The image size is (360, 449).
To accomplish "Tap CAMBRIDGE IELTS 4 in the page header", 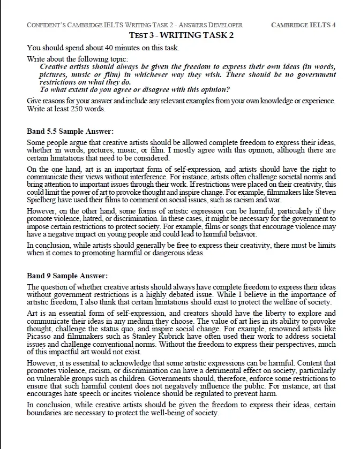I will coord(304,25).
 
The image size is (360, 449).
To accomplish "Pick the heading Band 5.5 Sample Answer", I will coord(70,131).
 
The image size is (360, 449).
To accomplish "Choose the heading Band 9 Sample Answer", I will coord(67,276).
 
